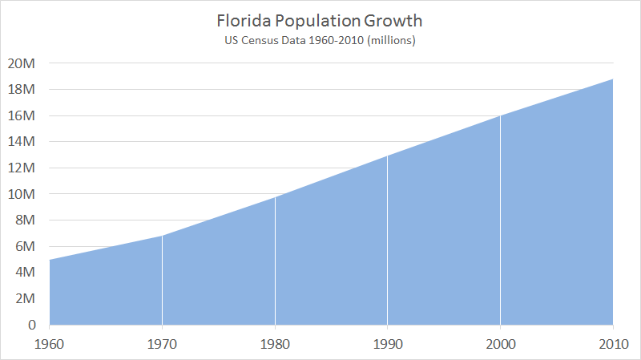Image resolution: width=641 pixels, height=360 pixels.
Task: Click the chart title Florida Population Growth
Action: click(x=320, y=19)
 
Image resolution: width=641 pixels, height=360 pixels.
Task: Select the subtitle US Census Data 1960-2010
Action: click(x=320, y=39)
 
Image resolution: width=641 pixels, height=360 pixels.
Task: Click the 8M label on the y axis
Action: click(x=24, y=220)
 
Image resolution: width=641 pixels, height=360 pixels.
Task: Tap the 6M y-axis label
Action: click(x=24, y=246)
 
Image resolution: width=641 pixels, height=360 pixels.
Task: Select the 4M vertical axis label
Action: click(x=24, y=273)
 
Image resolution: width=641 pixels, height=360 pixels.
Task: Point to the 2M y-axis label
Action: click(x=24, y=298)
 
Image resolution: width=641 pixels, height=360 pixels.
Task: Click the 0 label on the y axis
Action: click(x=31, y=325)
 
